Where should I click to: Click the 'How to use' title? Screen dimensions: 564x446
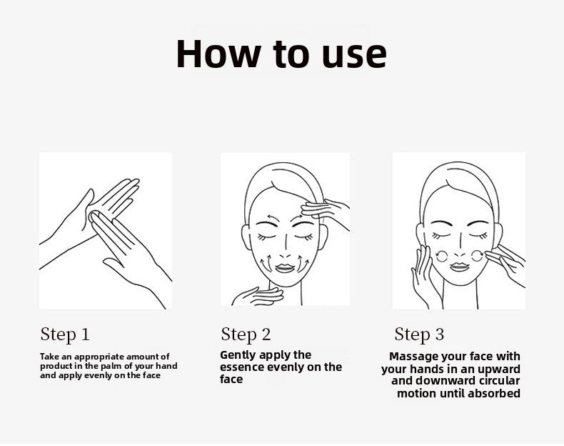point(281,54)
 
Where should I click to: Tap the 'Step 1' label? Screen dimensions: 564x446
point(65,334)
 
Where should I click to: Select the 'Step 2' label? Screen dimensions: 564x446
point(246,334)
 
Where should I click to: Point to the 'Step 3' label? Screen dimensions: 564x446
point(419,334)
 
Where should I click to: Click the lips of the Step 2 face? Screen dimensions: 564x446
point(285,268)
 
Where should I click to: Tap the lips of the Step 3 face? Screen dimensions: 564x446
point(460,267)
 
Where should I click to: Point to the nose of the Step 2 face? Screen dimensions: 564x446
point(285,249)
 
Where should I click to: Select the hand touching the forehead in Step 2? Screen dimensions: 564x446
point(323,212)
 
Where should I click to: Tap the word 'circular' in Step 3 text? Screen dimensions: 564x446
point(500,381)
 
